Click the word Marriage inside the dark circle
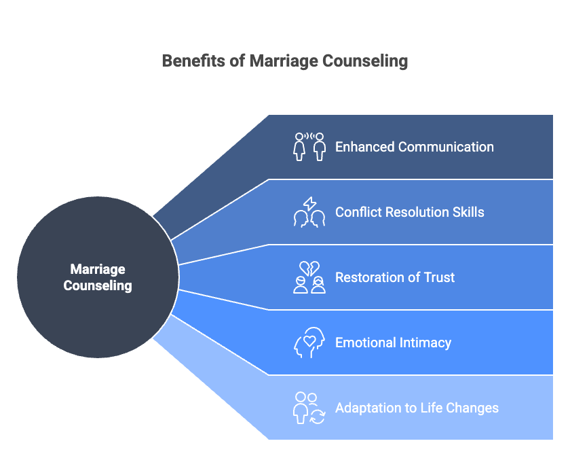98,270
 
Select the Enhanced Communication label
414,147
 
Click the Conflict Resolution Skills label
409,212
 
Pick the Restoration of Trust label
395,277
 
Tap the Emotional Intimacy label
393,343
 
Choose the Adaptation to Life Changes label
417,408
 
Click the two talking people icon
309,146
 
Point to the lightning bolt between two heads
309,203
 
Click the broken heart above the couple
309,268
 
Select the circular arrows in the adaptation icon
317,416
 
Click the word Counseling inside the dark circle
98,285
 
